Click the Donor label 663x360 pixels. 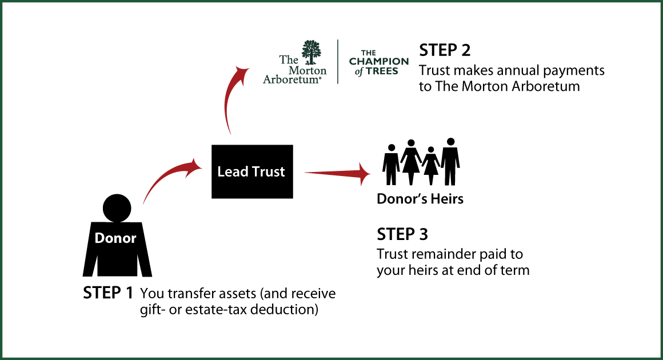[x=115, y=238]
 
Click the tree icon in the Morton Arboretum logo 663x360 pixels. [x=311, y=52]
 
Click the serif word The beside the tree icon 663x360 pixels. [x=289, y=59]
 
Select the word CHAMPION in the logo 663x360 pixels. [x=379, y=62]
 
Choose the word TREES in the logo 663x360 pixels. [x=382, y=71]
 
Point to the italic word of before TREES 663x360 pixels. [x=359, y=72]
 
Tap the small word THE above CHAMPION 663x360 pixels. [x=369, y=53]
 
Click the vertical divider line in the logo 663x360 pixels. [x=338, y=62]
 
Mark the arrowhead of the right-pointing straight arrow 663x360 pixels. [x=365, y=173]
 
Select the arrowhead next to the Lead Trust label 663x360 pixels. [x=196, y=166]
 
